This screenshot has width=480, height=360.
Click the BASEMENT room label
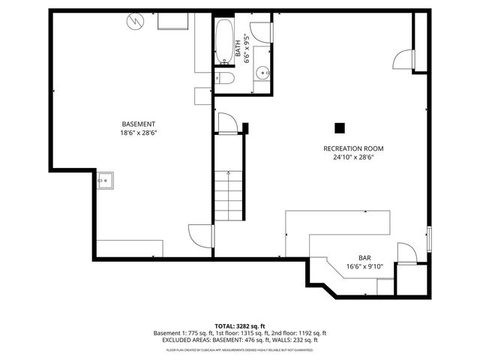click(x=139, y=124)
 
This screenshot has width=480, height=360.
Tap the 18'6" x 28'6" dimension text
click(x=139, y=133)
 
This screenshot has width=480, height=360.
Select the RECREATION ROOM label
click(x=352, y=148)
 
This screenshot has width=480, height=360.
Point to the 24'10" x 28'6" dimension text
click(x=352, y=157)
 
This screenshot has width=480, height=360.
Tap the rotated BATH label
click(x=238, y=48)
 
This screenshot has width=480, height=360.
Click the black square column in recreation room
click(x=340, y=127)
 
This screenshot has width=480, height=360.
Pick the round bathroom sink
click(x=262, y=73)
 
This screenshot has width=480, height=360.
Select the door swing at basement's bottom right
click(x=200, y=237)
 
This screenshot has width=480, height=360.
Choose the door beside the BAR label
click(x=405, y=253)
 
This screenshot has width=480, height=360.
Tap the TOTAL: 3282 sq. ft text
click(x=240, y=325)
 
